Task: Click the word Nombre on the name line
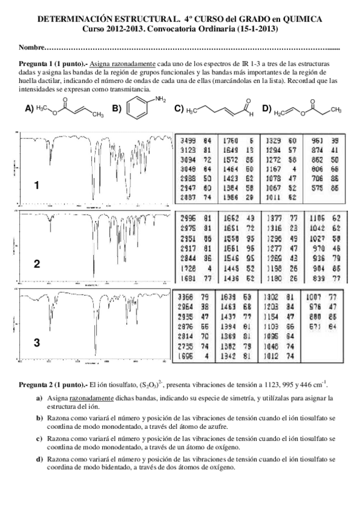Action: pos(31,48)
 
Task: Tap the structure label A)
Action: pos(29,109)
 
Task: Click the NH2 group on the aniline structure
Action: pos(159,99)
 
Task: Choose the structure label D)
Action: pos(267,109)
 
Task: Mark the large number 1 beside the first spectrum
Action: pos(37,186)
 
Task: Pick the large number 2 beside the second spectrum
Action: pos(37,263)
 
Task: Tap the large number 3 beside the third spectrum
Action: pos(37,342)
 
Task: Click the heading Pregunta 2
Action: pos(37,384)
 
